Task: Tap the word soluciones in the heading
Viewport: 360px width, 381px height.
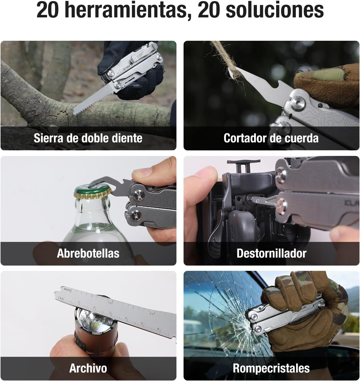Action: [275, 11]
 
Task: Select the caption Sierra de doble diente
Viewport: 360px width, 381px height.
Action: [88, 138]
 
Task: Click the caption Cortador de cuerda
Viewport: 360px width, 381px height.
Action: [271, 138]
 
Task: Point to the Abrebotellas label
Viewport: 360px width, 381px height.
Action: [88, 253]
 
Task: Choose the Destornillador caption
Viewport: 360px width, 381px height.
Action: [271, 253]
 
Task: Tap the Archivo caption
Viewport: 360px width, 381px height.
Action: [88, 368]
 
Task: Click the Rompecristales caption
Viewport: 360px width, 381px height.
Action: [271, 368]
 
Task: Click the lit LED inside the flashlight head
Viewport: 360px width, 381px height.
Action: [95, 327]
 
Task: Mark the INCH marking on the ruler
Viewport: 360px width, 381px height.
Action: [67, 289]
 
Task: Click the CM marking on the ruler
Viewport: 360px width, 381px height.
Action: [61, 298]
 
